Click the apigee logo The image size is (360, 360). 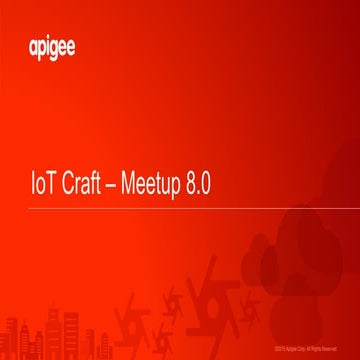[47, 47]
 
